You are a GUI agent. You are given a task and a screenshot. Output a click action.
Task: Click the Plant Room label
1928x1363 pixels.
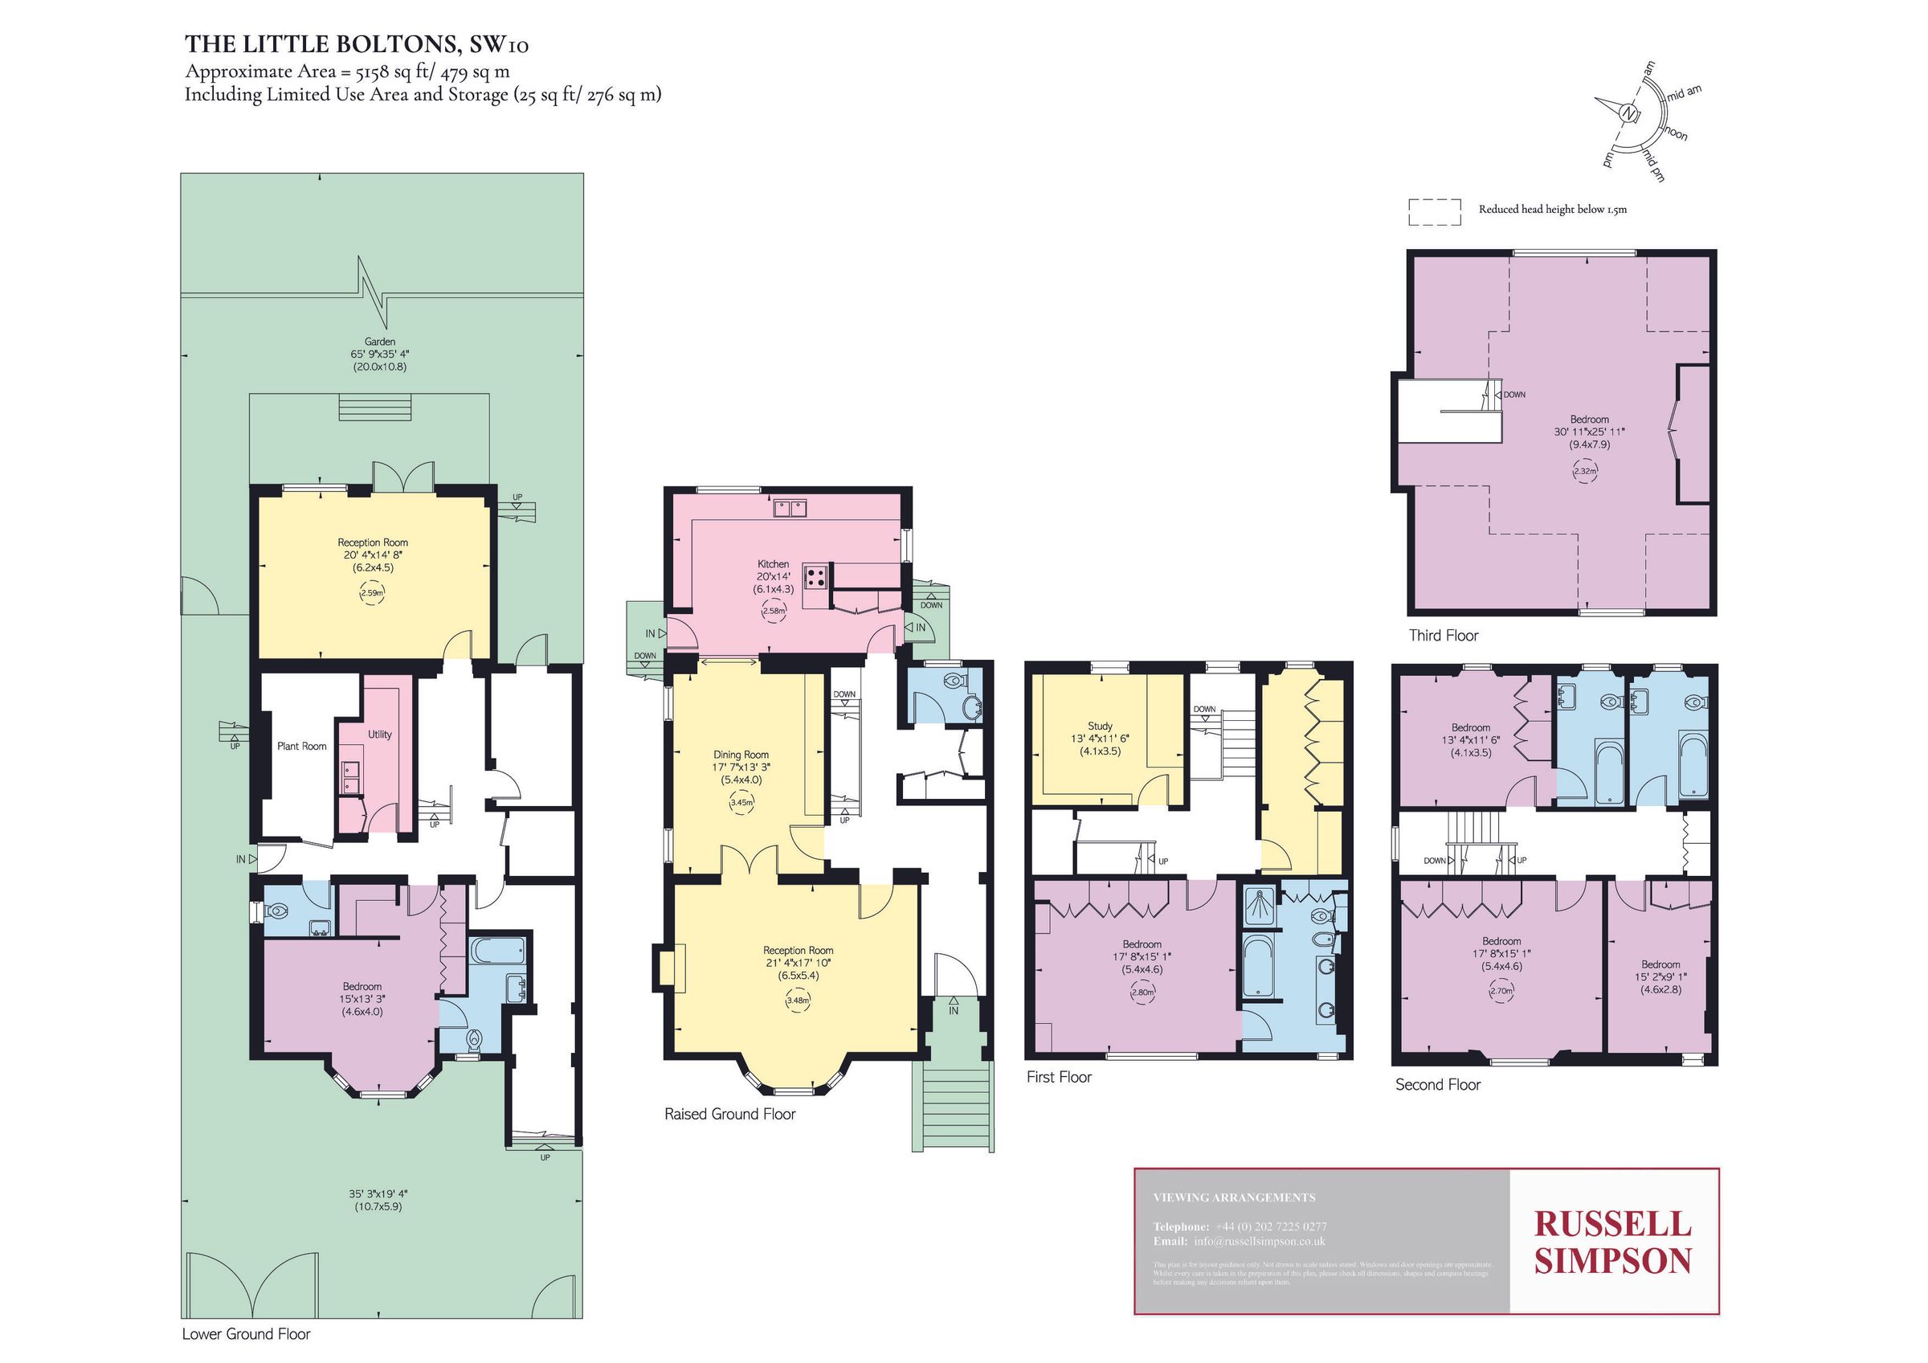301,746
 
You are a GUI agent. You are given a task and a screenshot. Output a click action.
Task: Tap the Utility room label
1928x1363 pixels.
379,734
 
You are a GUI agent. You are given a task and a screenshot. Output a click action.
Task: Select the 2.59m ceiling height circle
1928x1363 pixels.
372,593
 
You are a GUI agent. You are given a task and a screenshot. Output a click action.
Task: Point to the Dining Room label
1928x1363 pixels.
741,755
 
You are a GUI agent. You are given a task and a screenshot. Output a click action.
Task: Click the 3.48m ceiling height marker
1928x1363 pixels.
798,1001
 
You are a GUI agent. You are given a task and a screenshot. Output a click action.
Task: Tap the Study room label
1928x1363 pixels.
1100,726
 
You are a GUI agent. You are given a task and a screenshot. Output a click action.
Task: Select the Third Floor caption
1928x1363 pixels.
1444,636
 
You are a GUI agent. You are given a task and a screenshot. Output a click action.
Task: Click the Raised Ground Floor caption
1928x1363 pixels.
729,1114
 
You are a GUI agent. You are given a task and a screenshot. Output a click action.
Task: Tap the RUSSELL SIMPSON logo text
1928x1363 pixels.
1613,1242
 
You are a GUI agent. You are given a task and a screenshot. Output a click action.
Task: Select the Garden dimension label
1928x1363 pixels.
379,354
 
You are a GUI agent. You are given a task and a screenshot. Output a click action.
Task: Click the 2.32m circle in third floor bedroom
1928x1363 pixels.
1584,471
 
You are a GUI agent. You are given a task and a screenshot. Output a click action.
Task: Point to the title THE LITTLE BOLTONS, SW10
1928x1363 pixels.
357,43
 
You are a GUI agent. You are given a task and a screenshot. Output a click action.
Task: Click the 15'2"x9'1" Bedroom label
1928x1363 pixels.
1660,976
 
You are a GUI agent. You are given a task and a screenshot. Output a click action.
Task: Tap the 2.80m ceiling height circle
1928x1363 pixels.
1143,992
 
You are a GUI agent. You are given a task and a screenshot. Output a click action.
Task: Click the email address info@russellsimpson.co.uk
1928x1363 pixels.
1259,1241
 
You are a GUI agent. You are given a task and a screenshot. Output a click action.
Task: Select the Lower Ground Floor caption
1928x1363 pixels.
246,1333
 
